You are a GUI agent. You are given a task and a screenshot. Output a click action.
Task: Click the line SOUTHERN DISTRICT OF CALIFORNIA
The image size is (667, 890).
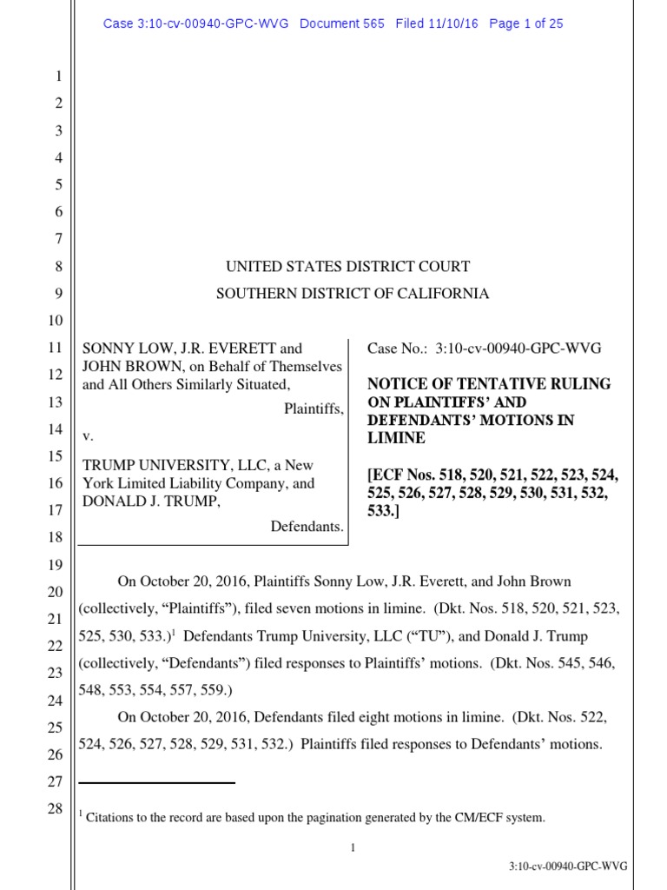click(352, 294)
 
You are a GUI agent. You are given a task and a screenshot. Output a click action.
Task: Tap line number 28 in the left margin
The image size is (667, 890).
click(55, 809)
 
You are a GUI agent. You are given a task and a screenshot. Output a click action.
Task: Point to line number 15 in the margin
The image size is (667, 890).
click(55, 456)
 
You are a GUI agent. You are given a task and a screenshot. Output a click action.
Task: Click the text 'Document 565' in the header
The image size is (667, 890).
click(342, 23)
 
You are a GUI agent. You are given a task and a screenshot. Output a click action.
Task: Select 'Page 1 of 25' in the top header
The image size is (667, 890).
click(525, 23)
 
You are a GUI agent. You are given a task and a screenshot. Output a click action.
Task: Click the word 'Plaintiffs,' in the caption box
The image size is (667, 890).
click(314, 408)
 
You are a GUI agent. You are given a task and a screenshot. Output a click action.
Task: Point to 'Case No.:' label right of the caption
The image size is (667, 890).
click(395, 349)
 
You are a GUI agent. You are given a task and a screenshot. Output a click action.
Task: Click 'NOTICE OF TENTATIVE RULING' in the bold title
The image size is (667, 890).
click(489, 383)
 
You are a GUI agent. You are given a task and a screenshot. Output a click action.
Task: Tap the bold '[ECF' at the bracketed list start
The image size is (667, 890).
click(385, 476)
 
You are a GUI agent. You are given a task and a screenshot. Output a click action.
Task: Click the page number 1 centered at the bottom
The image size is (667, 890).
click(353, 847)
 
